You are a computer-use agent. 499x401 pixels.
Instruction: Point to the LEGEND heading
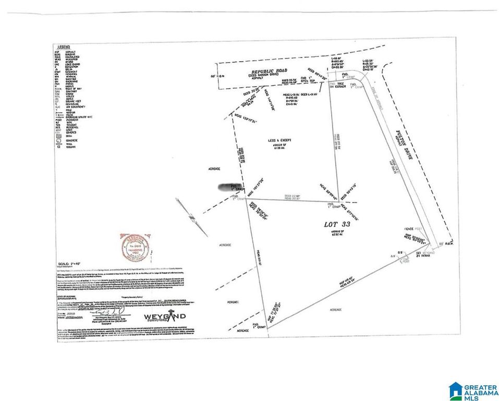coord(65,47)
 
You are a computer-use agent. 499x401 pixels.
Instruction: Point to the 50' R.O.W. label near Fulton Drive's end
coord(443,244)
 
